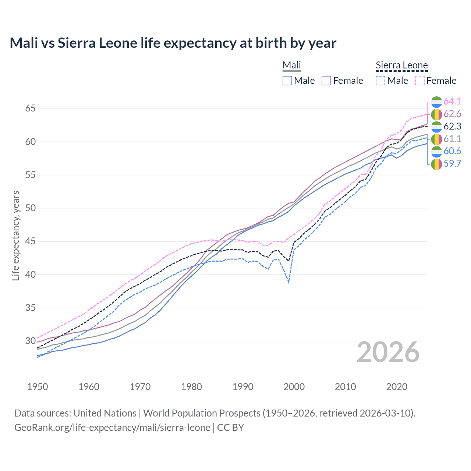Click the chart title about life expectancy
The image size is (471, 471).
point(173,43)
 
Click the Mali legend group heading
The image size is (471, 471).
point(292,65)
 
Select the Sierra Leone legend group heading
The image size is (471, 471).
point(401,65)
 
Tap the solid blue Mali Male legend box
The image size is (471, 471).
point(287,81)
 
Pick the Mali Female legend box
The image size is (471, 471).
point(327,81)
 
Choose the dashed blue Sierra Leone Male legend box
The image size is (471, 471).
point(380,81)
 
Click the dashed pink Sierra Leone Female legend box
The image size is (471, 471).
point(420,81)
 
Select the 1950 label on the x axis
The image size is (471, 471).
point(38,387)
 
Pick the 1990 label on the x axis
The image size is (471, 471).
point(243,387)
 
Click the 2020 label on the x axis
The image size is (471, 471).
point(397,387)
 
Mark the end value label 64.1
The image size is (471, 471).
point(452,101)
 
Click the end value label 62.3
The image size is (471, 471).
point(452,126)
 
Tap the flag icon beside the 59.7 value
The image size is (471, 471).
point(436,164)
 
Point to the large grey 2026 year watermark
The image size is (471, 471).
point(388,352)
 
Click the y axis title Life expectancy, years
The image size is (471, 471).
point(15,235)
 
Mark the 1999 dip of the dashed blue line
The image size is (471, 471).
point(289,282)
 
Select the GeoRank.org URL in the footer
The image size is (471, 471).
point(112,428)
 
